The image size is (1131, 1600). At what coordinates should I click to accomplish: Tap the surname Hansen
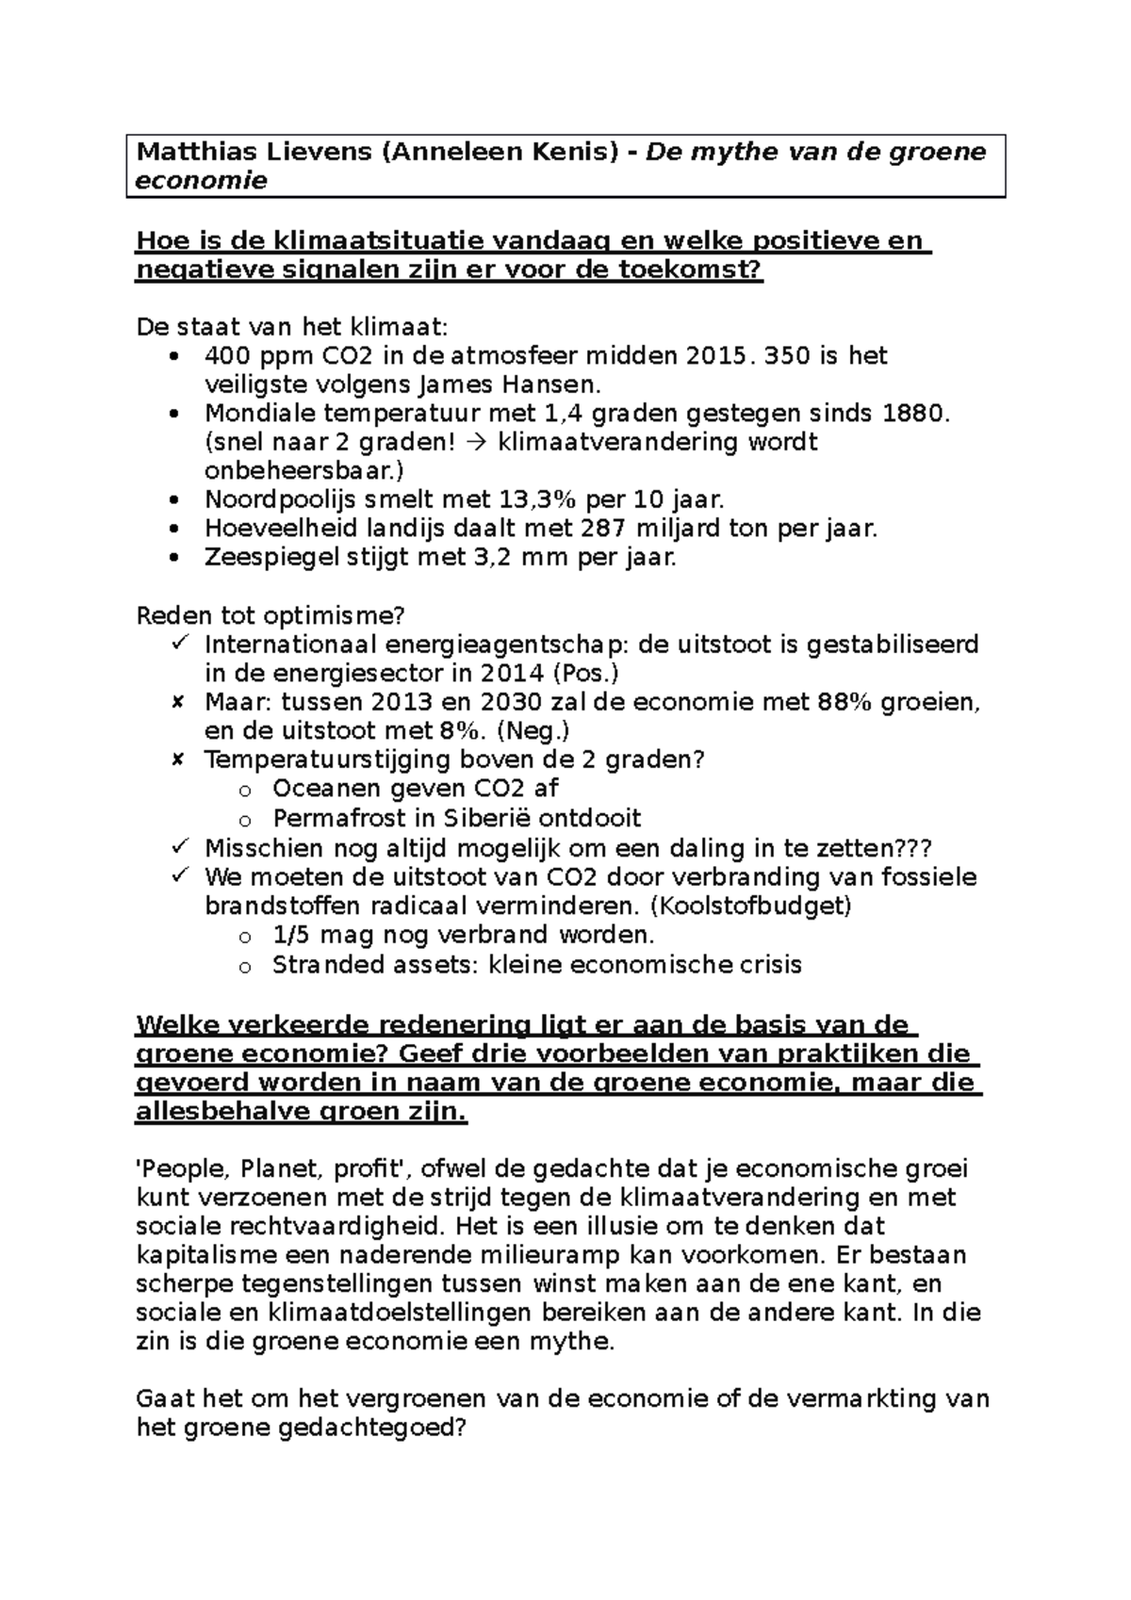(x=548, y=384)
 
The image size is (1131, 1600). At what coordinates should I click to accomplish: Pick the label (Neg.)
(x=533, y=731)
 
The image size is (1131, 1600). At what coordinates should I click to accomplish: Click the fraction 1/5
(x=290, y=935)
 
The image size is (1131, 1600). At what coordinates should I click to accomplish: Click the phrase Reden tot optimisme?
(x=270, y=615)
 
